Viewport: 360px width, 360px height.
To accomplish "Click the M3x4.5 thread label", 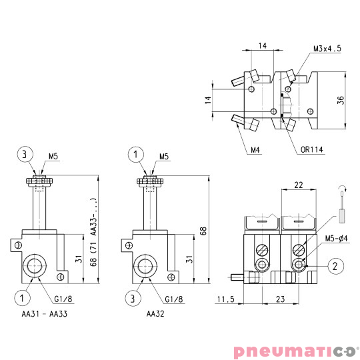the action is (327, 49).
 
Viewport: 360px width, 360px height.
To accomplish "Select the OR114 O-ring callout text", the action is (311, 150).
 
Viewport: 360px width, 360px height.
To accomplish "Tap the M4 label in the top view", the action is (255, 150).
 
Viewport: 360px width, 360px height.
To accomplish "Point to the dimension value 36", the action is (341, 100).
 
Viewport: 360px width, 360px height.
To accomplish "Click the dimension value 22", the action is (299, 185).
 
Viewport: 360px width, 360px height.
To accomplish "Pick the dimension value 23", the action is (280, 299).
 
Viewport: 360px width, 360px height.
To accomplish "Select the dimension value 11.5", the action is (226, 299).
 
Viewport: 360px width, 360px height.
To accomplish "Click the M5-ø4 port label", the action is (336, 238).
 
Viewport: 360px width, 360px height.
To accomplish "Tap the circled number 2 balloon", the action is (335, 266).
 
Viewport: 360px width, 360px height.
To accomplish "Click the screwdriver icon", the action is (342, 205).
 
